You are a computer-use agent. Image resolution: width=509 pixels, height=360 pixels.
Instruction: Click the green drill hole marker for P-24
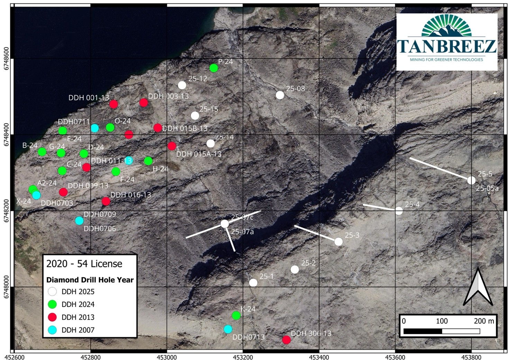(x=214, y=68)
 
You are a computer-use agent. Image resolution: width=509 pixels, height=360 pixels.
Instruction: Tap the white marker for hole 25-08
(x=280, y=95)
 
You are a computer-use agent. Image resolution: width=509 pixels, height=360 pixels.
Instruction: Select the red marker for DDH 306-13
(x=286, y=340)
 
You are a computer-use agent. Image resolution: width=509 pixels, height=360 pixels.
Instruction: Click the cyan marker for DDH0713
(x=228, y=329)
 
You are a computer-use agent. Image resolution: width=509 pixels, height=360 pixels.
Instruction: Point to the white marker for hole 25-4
(x=399, y=211)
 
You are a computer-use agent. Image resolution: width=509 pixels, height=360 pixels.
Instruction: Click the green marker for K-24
(x=236, y=315)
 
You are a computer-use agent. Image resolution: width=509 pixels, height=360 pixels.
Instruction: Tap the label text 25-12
(x=198, y=79)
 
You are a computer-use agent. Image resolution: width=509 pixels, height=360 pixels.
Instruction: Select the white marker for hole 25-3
(x=339, y=242)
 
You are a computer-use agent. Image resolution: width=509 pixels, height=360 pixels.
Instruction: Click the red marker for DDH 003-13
(x=144, y=102)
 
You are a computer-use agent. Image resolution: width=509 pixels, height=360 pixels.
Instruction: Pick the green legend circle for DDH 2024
(x=52, y=304)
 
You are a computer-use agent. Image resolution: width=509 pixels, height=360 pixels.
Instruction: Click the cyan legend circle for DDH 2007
(x=52, y=330)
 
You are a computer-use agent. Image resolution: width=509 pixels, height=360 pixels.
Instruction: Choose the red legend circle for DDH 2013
(x=52, y=317)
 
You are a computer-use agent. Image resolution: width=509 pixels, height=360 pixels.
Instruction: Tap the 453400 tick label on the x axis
(x=319, y=356)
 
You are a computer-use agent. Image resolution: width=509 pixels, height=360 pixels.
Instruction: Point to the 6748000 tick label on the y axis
(x=6, y=287)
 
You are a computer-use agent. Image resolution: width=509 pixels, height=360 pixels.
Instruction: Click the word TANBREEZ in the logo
(x=446, y=46)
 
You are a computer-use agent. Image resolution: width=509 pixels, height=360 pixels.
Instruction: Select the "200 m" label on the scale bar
(x=484, y=321)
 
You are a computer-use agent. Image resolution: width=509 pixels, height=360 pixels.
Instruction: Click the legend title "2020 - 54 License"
(x=84, y=264)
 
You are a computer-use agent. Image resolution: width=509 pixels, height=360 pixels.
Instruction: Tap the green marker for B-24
(x=42, y=152)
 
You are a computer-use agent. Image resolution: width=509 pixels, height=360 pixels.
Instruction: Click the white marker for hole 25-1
(x=253, y=283)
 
